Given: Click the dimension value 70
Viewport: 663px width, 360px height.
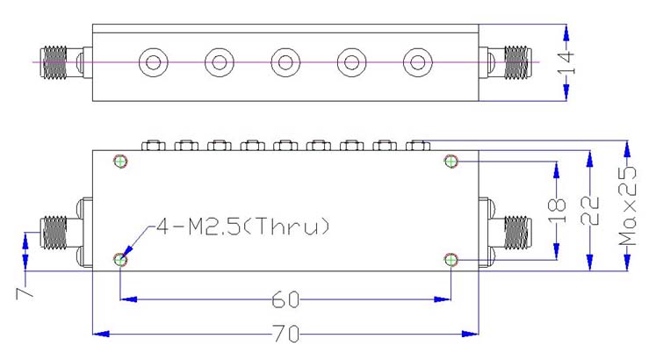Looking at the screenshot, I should coord(287,334).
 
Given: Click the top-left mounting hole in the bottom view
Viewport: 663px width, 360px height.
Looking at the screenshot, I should coord(120,161).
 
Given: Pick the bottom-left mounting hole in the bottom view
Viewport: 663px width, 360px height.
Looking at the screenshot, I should coord(120,259).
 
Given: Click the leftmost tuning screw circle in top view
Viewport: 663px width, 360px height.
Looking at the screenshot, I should coord(153,62).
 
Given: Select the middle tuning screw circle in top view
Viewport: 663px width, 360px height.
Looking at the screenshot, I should coord(285,62).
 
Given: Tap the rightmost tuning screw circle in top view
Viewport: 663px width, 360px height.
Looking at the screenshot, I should coord(416,62).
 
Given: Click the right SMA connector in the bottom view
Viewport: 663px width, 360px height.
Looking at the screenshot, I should coord(515,232).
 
